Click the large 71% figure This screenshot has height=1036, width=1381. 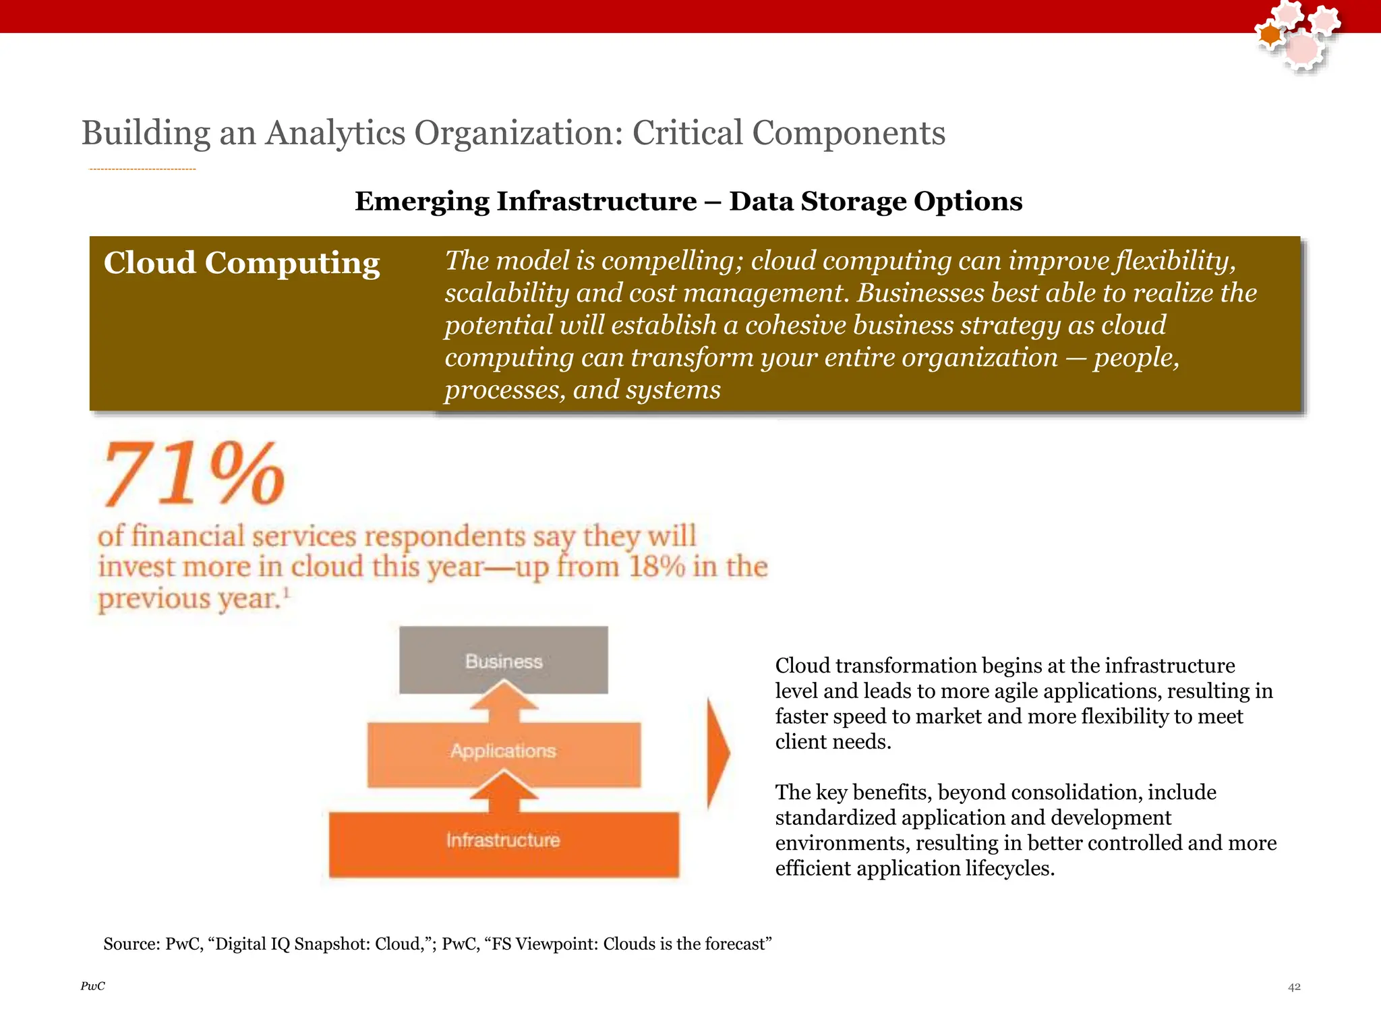tap(194, 474)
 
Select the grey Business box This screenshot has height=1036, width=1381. tap(503, 659)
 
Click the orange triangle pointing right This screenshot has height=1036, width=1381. tap(717, 753)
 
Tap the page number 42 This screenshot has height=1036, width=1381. tap(1294, 987)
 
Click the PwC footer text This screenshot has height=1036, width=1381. tap(92, 986)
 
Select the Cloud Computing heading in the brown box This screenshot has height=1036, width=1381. tap(241, 263)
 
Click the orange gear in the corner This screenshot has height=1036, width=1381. tap(1270, 35)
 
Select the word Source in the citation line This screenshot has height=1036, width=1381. tap(130, 944)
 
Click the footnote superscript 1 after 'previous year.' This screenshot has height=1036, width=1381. tap(286, 592)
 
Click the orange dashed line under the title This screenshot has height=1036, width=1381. tap(142, 169)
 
